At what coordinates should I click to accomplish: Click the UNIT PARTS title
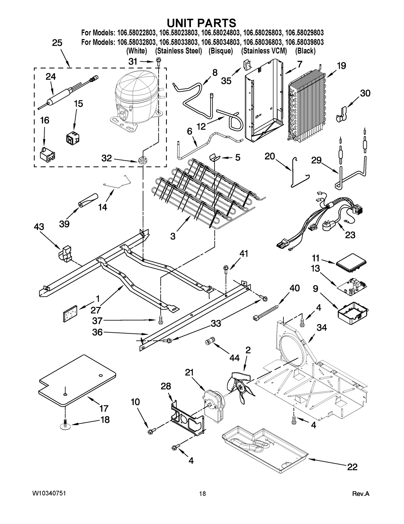tap(201, 23)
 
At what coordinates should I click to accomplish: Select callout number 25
tap(57, 43)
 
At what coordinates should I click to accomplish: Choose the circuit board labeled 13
tap(352, 286)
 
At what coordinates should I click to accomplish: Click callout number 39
tap(64, 224)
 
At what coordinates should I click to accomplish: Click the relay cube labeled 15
tap(73, 138)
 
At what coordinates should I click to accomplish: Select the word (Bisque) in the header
tap(220, 51)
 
